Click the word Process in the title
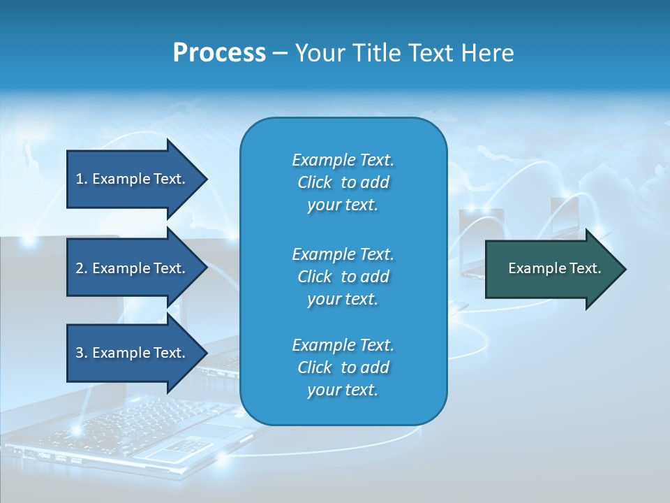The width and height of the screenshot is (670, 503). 219,53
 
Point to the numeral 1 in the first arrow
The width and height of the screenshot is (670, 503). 80,179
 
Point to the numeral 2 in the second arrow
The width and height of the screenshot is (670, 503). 80,268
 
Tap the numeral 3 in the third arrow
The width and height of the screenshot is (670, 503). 80,353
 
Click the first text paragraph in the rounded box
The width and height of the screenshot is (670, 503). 343,182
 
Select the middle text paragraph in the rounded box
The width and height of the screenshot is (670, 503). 343,277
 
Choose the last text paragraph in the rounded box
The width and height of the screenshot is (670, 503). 343,367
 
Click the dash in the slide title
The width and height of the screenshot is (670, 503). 280,53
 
